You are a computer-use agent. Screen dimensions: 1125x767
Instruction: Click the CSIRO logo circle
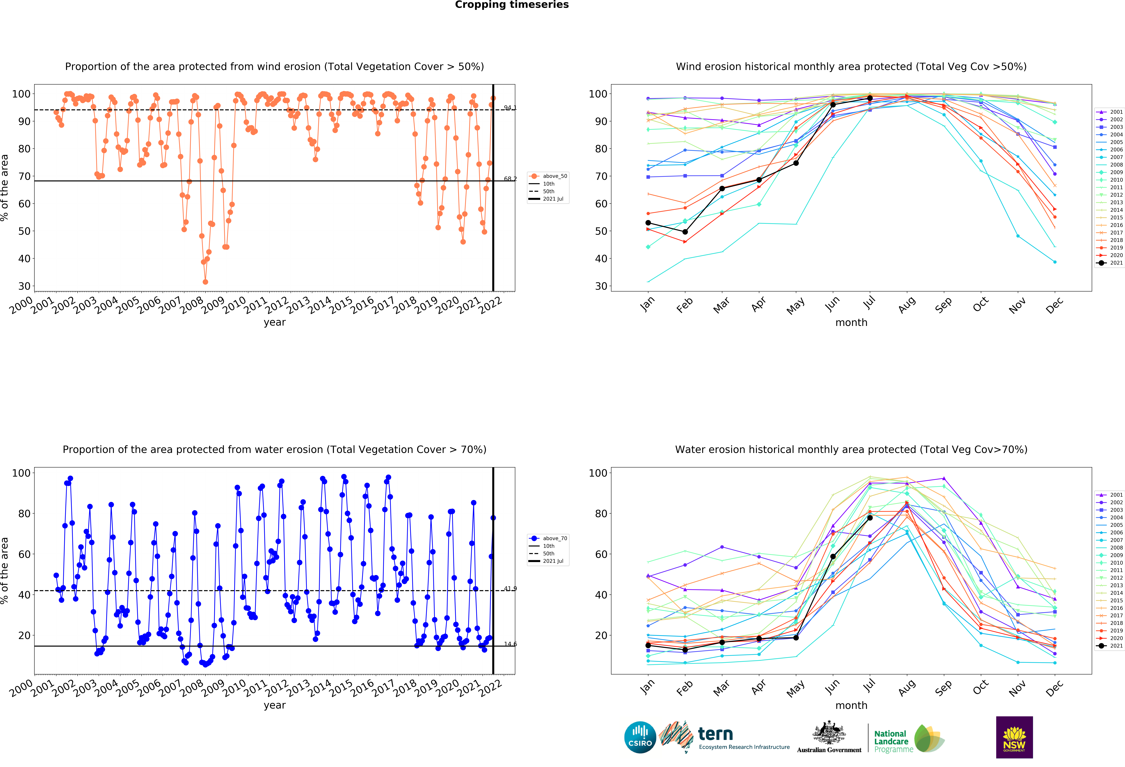point(640,737)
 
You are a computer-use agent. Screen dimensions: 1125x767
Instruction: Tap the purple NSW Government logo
point(1014,737)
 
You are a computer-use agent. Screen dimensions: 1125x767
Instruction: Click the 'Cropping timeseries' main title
point(512,5)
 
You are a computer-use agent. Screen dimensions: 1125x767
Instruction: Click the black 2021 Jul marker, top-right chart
point(869,98)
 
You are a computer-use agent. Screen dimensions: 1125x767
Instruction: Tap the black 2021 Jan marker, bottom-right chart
point(648,646)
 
